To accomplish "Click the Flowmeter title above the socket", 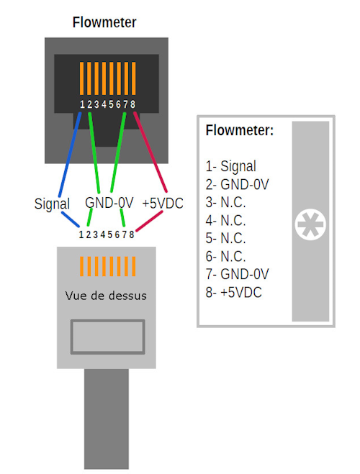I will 104,23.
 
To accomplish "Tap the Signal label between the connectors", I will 52,204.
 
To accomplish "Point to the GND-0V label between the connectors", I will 109,204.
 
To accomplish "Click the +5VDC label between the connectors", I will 163,204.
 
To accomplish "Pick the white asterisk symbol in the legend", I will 310,226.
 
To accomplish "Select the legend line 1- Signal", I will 230,166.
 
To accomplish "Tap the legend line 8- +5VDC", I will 235,292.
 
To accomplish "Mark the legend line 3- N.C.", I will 225,202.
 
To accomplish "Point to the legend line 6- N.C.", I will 225,256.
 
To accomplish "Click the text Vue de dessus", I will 107,295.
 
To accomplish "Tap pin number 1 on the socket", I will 82,105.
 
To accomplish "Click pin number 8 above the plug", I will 132,234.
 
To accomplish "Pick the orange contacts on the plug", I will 107,267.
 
